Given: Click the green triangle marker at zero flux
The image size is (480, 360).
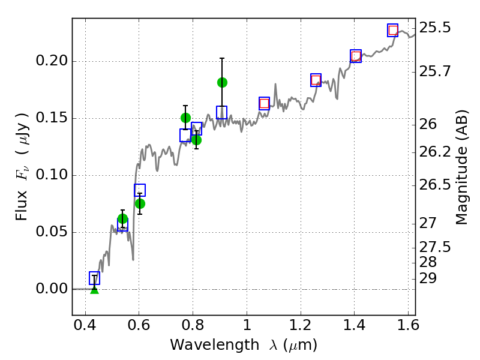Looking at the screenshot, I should [x=94, y=289].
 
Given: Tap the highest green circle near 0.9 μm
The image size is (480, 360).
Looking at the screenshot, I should [x=222, y=82].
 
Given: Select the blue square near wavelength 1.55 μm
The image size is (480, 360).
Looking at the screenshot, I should [x=392, y=30].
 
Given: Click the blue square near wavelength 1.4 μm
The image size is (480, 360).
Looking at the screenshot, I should [x=356, y=56].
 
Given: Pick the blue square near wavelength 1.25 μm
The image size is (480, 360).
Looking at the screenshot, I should [x=316, y=80].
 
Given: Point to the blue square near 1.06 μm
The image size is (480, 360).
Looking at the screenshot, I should [x=264, y=103].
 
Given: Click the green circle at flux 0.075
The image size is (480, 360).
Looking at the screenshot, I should [x=140, y=203].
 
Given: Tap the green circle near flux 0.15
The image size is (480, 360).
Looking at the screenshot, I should [x=185, y=118].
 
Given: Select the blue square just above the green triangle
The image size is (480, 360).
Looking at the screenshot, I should [x=94, y=278].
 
